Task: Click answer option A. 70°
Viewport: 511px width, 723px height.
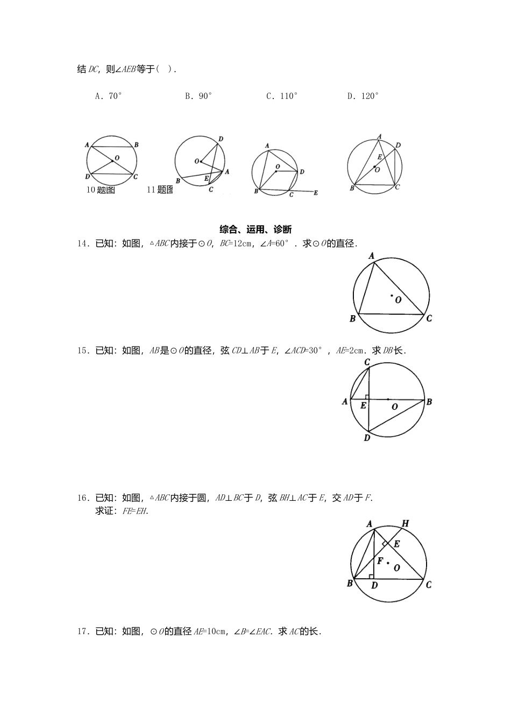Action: click(108, 96)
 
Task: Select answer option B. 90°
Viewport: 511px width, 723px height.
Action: click(198, 96)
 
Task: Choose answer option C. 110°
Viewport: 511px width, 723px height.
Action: click(282, 96)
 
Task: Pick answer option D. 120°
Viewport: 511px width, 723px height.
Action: click(363, 96)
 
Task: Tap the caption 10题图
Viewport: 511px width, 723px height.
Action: click(101, 190)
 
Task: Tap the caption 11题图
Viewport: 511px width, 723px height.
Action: click(160, 190)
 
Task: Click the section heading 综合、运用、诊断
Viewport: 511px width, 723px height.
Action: click(256, 230)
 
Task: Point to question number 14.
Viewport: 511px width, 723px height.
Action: click(83, 244)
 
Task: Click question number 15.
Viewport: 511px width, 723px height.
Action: click(83, 351)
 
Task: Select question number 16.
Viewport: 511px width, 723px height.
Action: click(83, 498)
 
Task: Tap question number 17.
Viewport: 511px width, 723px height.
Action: click(83, 632)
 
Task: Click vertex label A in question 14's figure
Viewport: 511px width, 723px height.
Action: click(371, 256)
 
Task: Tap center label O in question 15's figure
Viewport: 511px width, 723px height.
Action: click(395, 407)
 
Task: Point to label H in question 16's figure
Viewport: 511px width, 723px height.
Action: click(405, 523)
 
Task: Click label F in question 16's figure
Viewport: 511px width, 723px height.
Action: click(380, 561)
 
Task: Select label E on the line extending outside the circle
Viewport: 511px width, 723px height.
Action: click(316, 193)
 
